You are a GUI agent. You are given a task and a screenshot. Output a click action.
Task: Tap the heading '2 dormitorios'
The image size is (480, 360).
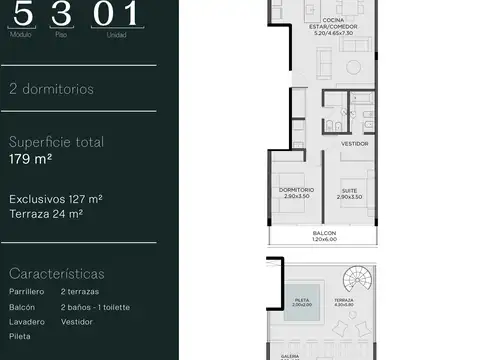pyautogui.click(x=52, y=89)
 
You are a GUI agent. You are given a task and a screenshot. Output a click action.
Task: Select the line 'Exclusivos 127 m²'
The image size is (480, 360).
pyautogui.click(x=56, y=198)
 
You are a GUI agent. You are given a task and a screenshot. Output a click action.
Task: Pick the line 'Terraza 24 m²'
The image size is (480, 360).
pyautogui.click(x=46, y=214)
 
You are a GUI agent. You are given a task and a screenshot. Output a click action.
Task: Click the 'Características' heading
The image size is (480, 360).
pyautogui.click(x=56, y=273)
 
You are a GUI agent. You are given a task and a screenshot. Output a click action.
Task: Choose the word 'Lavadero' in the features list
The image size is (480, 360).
pyautogui.click(x=26, y=323)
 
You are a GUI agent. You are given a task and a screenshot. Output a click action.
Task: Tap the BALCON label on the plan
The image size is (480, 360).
pyautogui.click(x=324, y=234)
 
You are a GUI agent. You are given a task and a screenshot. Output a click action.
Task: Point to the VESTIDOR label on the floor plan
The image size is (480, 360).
pyautogui.click(x=355, y=143)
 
